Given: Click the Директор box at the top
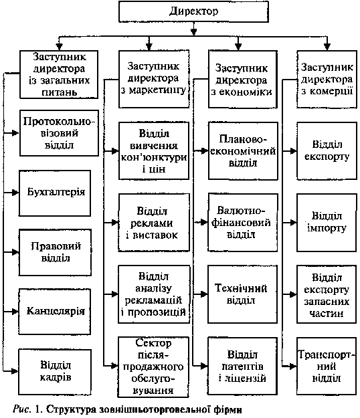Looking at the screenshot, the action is point(193,11).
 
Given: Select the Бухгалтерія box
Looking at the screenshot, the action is point(55,193).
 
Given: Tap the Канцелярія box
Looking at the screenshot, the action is point(55,312).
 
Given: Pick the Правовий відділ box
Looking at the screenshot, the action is point(55,252).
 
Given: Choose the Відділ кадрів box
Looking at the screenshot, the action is point(55,372).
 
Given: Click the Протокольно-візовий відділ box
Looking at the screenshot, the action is point(59,133).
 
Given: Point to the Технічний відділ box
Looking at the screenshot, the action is point(243,294).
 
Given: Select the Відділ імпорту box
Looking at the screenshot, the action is point(327,223).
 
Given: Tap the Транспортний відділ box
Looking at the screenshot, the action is point(327,366).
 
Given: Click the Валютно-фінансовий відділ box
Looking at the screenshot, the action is point(243,223).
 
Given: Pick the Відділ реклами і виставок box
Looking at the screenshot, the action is point(154,223).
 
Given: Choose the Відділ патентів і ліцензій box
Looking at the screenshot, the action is point(243,366).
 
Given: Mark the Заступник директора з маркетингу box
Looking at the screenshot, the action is point(154,79).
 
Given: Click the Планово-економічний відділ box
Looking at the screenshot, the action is point(243,151).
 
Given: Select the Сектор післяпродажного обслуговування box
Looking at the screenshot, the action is point(153,367).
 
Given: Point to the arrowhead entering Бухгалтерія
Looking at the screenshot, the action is point(15,193).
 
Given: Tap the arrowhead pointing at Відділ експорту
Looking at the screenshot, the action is point(293,151).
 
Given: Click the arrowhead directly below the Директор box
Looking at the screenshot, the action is point(194,31).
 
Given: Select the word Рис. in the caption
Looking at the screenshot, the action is point(21,409).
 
